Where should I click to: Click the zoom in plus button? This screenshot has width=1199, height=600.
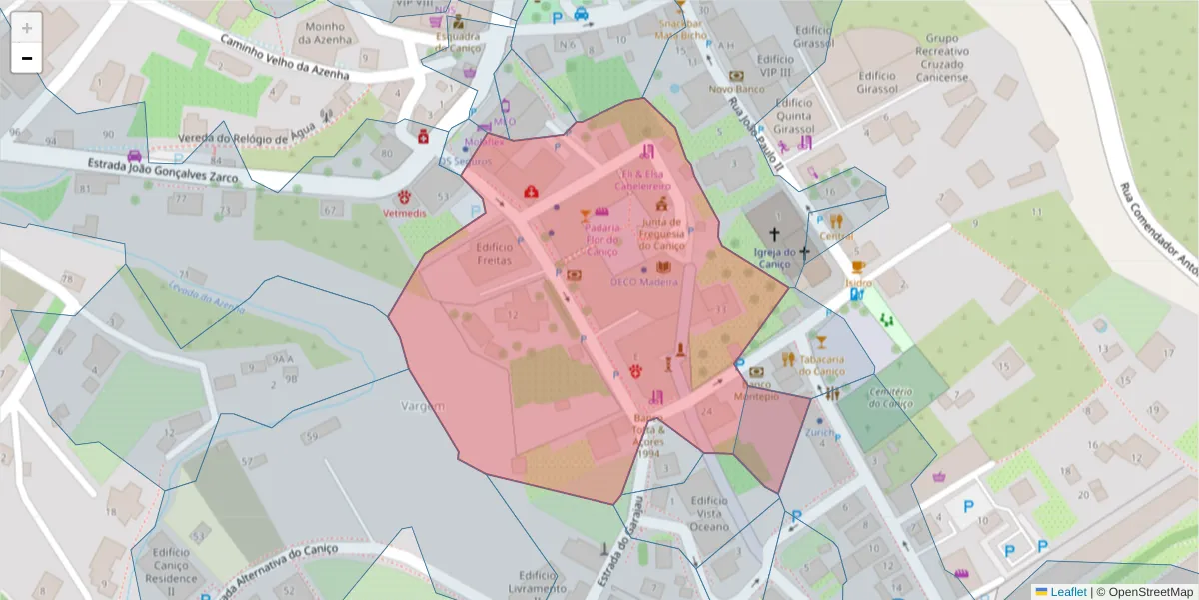tap(27, 28)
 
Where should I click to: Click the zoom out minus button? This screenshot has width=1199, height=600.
tap(27, 58)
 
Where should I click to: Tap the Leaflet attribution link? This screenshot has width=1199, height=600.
tap(1068, 591)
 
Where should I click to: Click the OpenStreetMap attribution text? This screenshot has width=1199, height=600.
tap(1150, 591)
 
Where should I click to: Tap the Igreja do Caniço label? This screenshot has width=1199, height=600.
tap(774, 258)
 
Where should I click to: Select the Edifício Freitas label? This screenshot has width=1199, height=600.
tap(495, 253)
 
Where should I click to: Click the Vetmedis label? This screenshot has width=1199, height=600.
tap(406, 214)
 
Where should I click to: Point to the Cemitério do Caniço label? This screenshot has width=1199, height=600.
tap(891, 397)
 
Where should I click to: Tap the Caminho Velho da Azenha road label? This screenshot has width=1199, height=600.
tap(285, 57)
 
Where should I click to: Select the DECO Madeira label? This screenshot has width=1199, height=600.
tap(644, 282)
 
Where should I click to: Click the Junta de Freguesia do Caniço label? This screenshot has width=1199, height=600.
tap(662, 234)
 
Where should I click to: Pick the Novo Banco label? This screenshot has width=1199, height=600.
tap(736, 89)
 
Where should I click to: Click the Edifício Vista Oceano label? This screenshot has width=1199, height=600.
tap(709, 512)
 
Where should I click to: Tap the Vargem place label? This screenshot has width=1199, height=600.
tap(422, 406)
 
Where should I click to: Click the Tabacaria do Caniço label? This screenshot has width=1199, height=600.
tap(822, 365)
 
